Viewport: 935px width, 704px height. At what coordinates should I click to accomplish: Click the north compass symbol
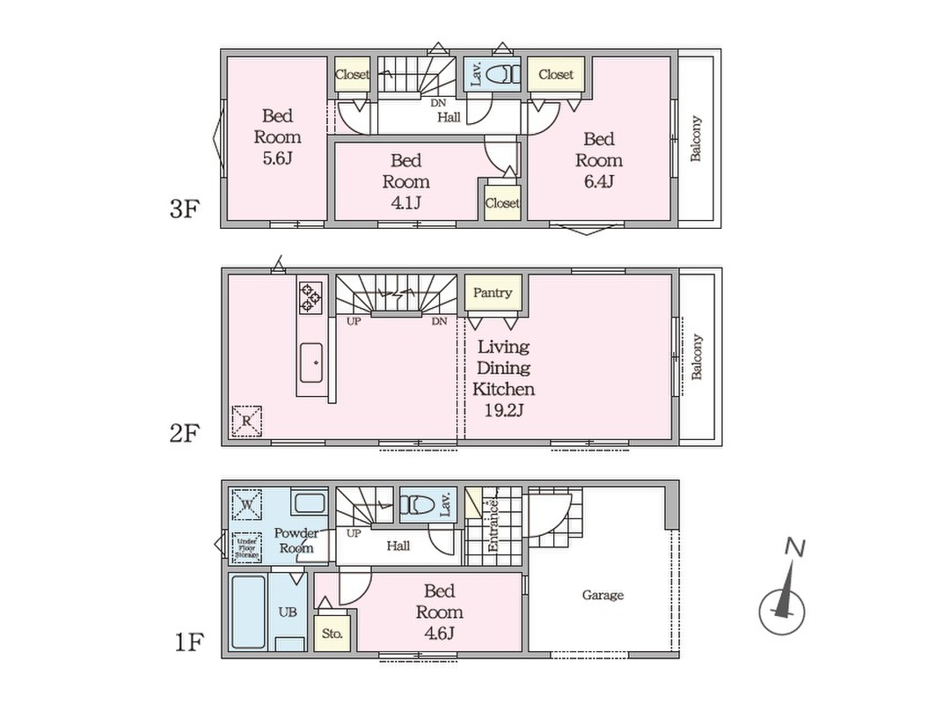point(782,605)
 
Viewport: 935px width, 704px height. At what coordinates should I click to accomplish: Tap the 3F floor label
point(186,210)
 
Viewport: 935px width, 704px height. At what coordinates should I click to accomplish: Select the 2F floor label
point(186,433)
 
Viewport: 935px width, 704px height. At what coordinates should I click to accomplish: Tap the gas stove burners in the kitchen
point(310,297)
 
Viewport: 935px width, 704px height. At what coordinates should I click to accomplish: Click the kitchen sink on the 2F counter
point(310,361)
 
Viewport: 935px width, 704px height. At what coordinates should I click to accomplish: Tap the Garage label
point(603,595)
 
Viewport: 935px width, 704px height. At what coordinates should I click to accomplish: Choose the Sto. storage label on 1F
point(332,633)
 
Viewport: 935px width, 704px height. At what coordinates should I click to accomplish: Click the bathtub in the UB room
point(249,612)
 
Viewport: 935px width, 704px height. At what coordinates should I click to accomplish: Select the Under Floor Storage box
point(247,547)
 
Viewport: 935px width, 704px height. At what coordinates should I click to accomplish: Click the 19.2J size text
point(502,410)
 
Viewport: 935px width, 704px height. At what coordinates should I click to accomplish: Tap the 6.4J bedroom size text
point(599,181)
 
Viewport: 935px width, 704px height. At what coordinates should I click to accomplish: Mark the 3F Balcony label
point(696,139)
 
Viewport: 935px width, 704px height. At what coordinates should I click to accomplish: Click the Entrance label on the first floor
point(493,526)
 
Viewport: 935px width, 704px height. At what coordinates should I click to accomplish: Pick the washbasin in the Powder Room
point(310,504)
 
